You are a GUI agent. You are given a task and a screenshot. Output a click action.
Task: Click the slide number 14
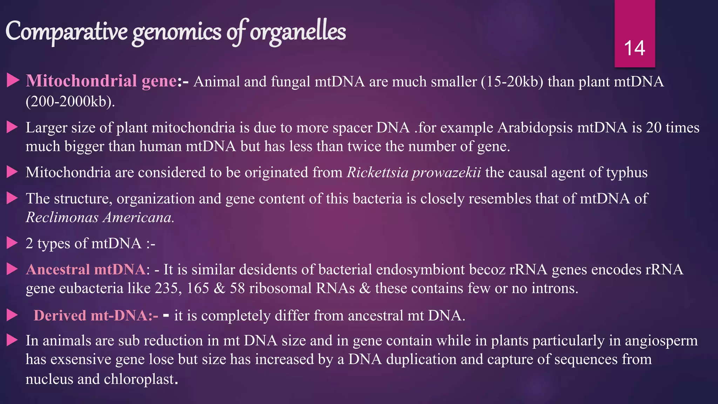click(635, 48)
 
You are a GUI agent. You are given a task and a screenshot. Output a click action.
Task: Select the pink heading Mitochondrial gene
click(101, 81)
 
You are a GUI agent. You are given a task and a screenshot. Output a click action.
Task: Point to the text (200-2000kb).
click(70, 102)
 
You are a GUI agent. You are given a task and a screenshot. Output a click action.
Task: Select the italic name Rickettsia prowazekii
click(414, 173)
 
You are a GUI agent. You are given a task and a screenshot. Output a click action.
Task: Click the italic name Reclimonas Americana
click(100, 217)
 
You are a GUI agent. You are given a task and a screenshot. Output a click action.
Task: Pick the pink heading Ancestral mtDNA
click(86, 269)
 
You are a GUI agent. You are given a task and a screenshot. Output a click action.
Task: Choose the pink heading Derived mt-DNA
click(96, 316)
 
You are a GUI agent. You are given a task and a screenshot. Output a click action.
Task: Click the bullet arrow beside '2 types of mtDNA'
click(12, 243)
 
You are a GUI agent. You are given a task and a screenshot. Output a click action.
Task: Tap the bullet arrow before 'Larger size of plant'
click(12, 127)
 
